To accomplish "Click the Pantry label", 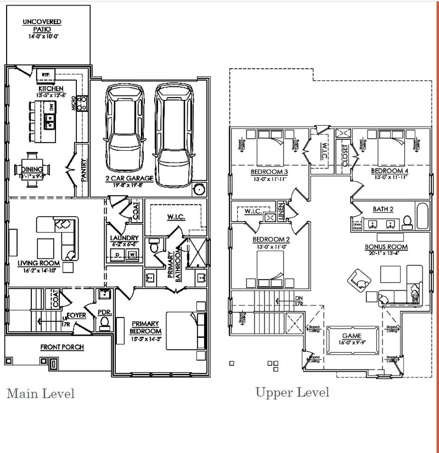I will (x=83, y=170).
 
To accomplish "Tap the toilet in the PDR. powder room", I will (x=104, y=323).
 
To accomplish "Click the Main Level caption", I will (x=40, y=393).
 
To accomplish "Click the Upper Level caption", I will (x=292, y=392).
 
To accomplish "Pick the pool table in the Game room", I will (x=351, y=341).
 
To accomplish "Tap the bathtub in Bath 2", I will (x=421, y=217).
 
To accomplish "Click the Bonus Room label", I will (x=386, y=247).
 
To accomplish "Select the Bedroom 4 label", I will (x=389, y=171).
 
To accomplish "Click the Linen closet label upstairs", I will (x=281, y=213).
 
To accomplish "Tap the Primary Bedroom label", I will (x=145, y=327).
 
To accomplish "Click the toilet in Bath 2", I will (x=407, y=222).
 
